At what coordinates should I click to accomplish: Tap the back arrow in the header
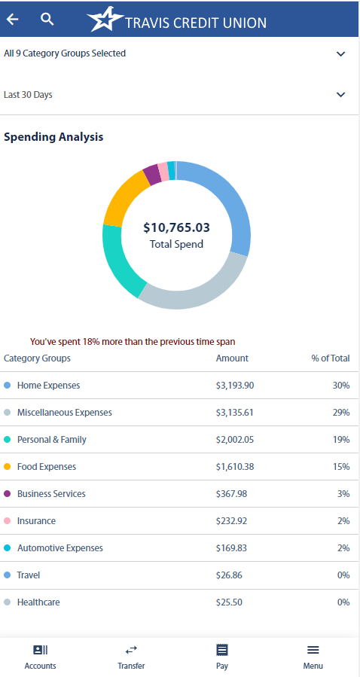13,20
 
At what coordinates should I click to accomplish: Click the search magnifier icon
47,20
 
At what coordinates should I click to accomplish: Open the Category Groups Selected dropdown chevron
340,54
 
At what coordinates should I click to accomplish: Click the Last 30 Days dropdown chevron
340,95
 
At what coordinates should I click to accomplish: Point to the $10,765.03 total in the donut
176,227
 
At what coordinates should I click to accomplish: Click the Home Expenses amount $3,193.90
235,386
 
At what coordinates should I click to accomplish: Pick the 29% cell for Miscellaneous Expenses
341,413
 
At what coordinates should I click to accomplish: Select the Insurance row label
36,521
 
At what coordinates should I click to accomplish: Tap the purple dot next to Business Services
8,494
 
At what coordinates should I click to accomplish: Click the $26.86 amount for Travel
229,575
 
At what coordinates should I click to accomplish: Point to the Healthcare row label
38,602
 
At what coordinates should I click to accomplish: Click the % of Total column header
331,358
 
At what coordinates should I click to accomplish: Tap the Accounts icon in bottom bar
40,650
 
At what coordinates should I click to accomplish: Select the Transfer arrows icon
131,650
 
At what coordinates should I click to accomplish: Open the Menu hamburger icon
313,650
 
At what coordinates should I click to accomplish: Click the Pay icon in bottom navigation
221,650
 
